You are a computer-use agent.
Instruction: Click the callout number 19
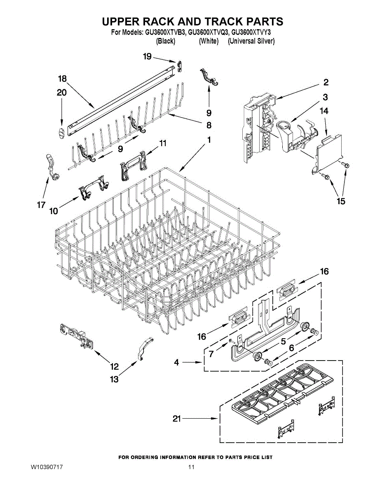point(148,57)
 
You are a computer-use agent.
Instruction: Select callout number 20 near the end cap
point(61,93)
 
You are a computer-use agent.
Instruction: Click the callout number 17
point(40,205)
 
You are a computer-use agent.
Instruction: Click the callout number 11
point(163,143)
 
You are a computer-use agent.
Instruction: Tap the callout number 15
point(341,201)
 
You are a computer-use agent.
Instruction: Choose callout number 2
point(326,82)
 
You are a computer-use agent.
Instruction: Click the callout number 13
point(114,379)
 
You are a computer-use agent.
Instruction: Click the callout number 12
point(114,366)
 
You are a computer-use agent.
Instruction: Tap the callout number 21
point(177,419)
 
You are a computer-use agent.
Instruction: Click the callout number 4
point(176,363)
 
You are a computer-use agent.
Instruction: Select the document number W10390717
point(47,467)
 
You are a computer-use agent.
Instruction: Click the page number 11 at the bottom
point(191,467)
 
